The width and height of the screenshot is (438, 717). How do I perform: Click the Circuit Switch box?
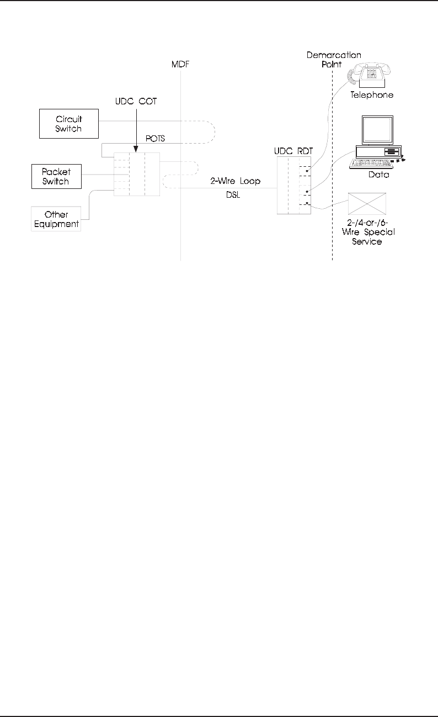click(69, 124)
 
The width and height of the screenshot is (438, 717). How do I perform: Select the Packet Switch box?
click(57, 176)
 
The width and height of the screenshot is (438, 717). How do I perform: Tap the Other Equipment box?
click(56, 219)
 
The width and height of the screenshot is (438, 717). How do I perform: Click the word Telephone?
click(372, 94)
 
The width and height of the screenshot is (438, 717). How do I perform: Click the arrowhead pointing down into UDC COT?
click(135, 149)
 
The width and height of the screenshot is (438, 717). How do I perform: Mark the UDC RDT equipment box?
click(293, 185)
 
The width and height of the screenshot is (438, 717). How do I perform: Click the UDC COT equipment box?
click(137, 174)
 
